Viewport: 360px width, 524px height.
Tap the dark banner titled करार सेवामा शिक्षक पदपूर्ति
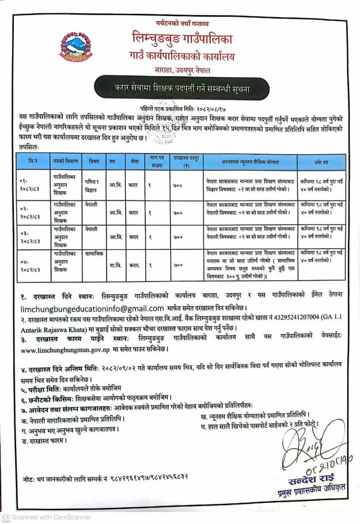pos(182,89)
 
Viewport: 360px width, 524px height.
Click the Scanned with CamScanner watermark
pos(46,517)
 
